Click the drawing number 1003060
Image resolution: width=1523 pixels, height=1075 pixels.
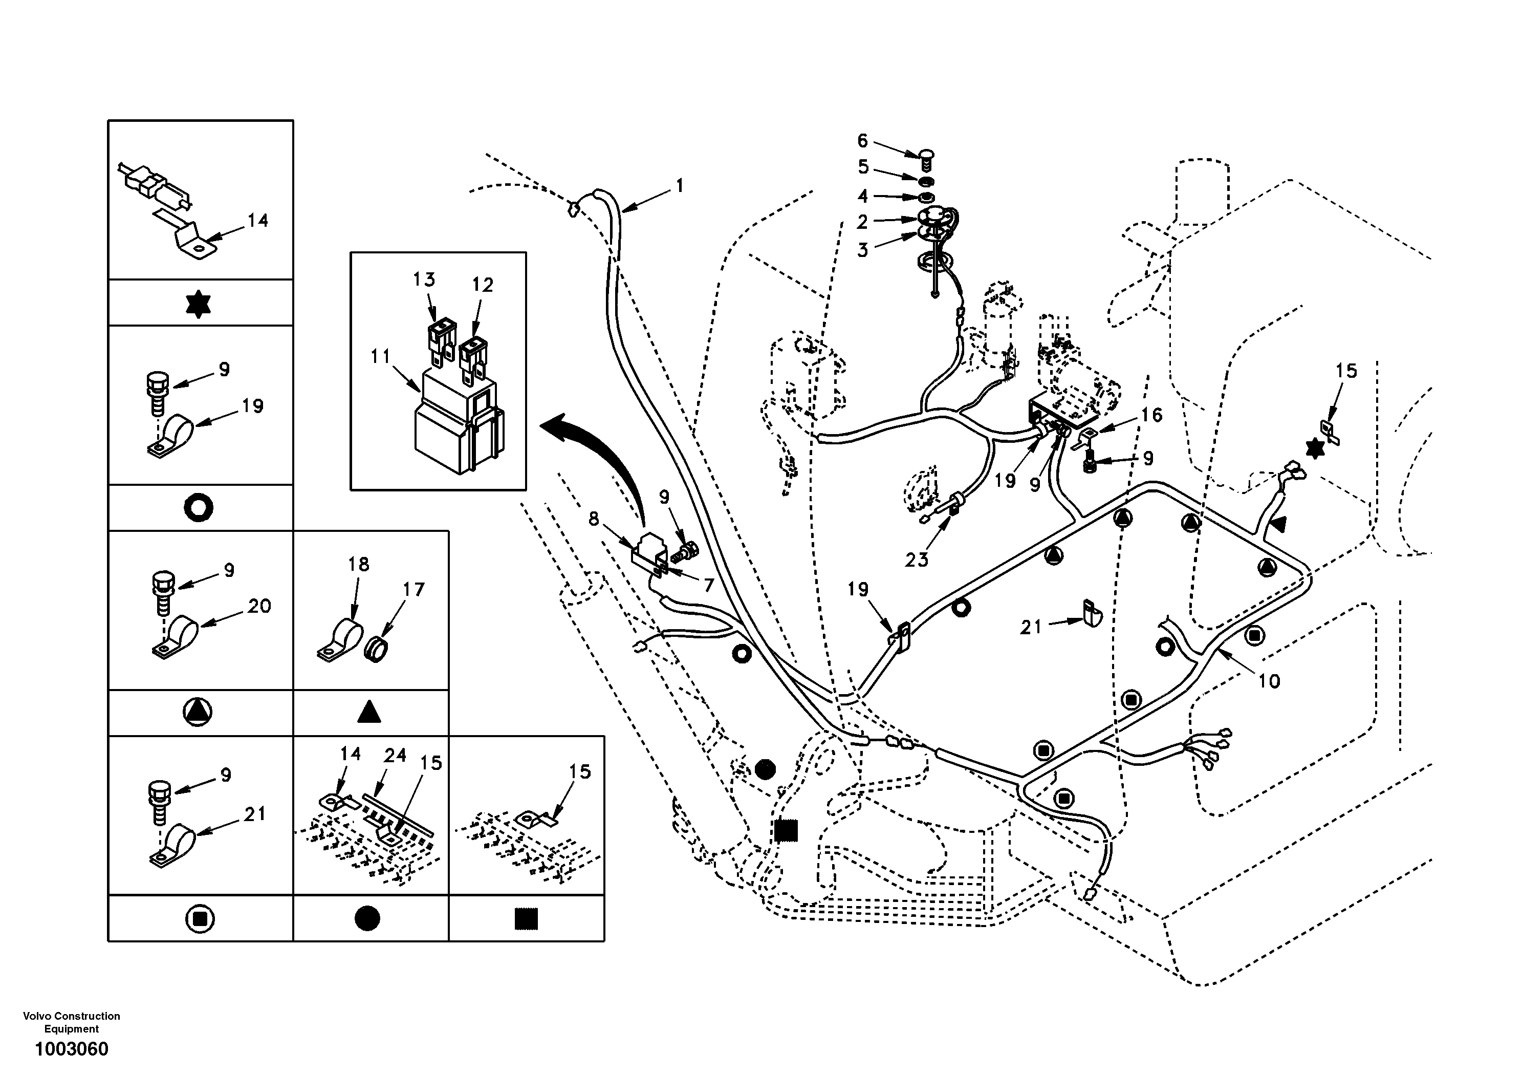pyautogui.click(x=71, y=1049)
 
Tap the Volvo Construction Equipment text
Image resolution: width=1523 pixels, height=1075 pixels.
pyautogui.click(x=71, y=1022)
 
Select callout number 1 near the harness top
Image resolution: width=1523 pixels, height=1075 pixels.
pyautogui.click(x=679, y=186)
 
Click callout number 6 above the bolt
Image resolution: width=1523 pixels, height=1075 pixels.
pyautogui.click(x=862, y=141)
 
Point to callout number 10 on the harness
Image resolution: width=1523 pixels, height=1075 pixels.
pyautogui.click(x=1269, y=681)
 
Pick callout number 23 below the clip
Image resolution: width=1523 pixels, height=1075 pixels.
pyautogui.click(x=917, y=560)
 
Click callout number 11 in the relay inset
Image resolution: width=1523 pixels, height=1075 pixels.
pyautogui.click(x=381, y=356)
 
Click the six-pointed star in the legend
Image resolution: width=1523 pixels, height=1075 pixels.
pyautogui.click(x=199, y=304)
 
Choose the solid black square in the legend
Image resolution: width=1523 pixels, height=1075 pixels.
pyautogui.click(x=526, y=918)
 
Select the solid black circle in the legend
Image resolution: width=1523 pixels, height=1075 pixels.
pyautogui.click(x=367, y=918)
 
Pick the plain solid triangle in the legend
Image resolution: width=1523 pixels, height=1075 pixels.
pyautogui.click(x=369, y=713)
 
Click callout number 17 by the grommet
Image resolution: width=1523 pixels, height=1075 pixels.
pyautogui.click(x=414, y=589)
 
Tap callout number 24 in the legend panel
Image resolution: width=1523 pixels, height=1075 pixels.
pyautogui.click(x=396, y=755)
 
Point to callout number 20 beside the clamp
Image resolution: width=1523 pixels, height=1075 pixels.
pyautogui.click(x=259, y=606)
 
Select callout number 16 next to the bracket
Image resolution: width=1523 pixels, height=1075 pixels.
pyautogui.click(x=1151, y=415)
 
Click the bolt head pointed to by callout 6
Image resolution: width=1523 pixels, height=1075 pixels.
pyautogui.click(x=927, y=157)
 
